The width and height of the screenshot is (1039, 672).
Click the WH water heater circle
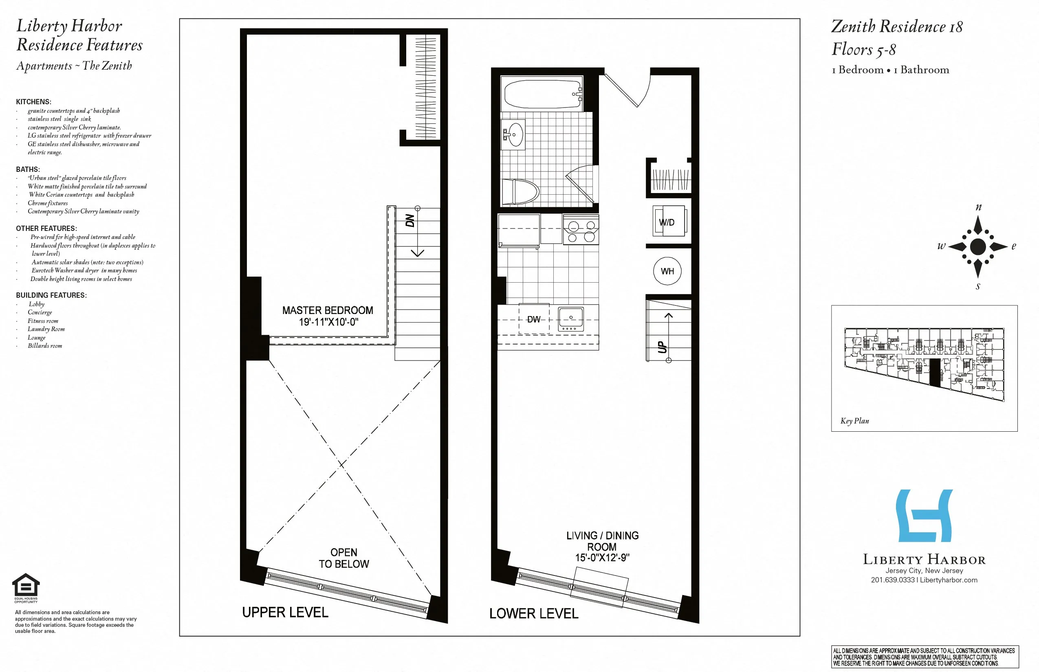pyautogui.click(x=667, y=271)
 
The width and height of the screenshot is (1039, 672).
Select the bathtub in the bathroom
pyautogui.click(x=542, y=94)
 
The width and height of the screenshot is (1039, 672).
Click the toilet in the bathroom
pyautogui.click(x=520, y=191)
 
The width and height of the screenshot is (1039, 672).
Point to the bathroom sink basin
pyautogui.click(x=515, y=134)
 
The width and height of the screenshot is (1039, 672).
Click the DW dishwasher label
pyautogui.click(x=533, y=319)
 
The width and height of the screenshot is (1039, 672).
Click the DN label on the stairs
pyautogui.click(x=410, y=220)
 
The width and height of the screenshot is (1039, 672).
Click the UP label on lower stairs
pyautogui.click(x=662, y=347)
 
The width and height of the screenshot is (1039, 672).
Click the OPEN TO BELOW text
pyautogui.click(x=344, y=558)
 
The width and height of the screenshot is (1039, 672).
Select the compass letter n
pyautogui.click(x=978, y=207)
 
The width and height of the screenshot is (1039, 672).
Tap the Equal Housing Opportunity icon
pyautogui.click(x=26, y=585)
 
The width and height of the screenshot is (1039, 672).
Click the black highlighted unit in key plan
pyautogui.click(x=935, y=372)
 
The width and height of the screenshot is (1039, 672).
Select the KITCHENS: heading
pyautogui.click(x=33, y=102)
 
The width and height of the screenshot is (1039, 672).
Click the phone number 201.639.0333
pyautogui.click(x=892, y=580)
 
